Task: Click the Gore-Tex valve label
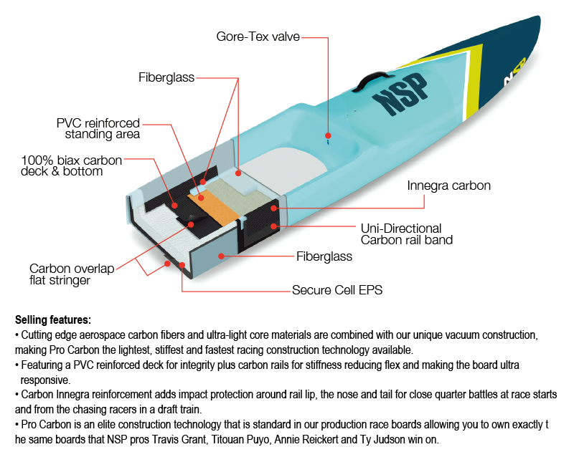coord(258,36)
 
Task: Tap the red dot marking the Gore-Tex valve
coord(328,135)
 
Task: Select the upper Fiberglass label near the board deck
coord(166,77)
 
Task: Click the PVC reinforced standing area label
coord(98,128)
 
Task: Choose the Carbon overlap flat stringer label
coord(72,274)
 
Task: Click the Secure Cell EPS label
coord(337,290)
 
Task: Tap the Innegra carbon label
coord(448,186)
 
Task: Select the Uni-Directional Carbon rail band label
coord(406,234)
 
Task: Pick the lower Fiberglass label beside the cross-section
coord(324,256)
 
